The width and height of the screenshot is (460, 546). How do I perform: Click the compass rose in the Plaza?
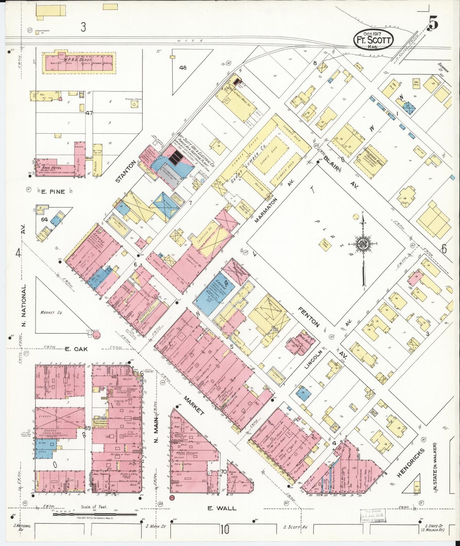click(363, 244)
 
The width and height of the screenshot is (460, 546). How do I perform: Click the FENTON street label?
click(308, 317)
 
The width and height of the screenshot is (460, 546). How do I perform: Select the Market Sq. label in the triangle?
click(51, 313)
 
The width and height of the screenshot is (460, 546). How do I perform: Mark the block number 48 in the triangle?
click(183, 68)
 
